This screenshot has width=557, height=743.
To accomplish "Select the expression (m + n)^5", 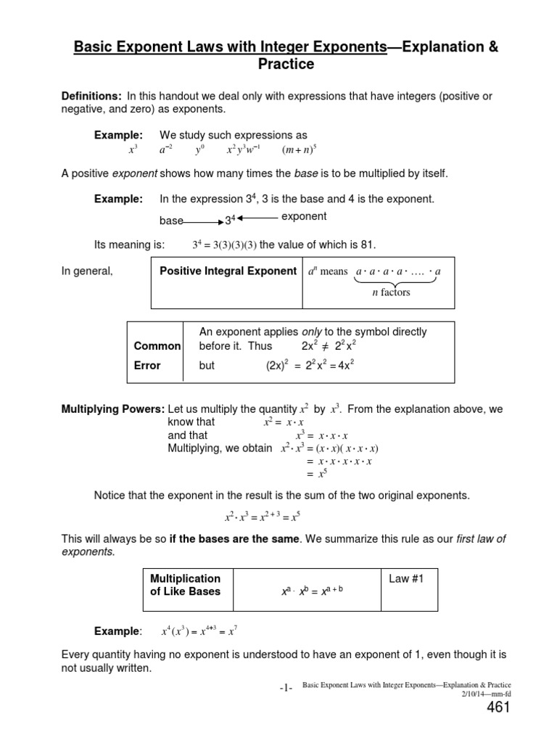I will coord(300,150).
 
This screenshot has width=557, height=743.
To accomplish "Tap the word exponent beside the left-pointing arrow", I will coord(303,216).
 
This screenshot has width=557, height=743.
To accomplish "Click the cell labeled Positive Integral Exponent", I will coord(228,271).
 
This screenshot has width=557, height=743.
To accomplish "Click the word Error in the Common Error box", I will coord(147,366).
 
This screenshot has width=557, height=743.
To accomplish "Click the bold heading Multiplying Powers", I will coord(113,409).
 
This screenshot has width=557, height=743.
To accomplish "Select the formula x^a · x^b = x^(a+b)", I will coord(312,591).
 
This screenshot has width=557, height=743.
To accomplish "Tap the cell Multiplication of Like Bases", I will coord(185,585).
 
